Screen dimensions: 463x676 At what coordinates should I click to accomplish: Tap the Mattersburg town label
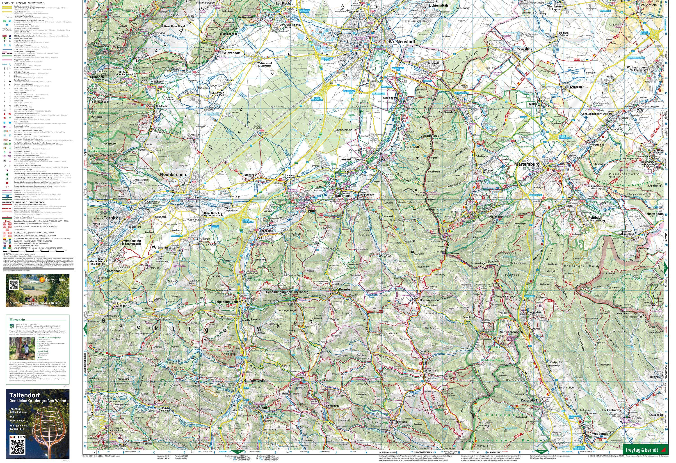pos(527,164)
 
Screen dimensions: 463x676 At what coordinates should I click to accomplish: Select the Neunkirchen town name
pos(173,174)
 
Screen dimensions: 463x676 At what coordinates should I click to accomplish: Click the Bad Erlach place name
pos(343,196)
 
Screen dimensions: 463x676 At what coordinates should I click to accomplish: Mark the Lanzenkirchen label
pos(350,159)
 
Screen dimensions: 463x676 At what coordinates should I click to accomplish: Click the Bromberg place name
pos(346,290)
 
